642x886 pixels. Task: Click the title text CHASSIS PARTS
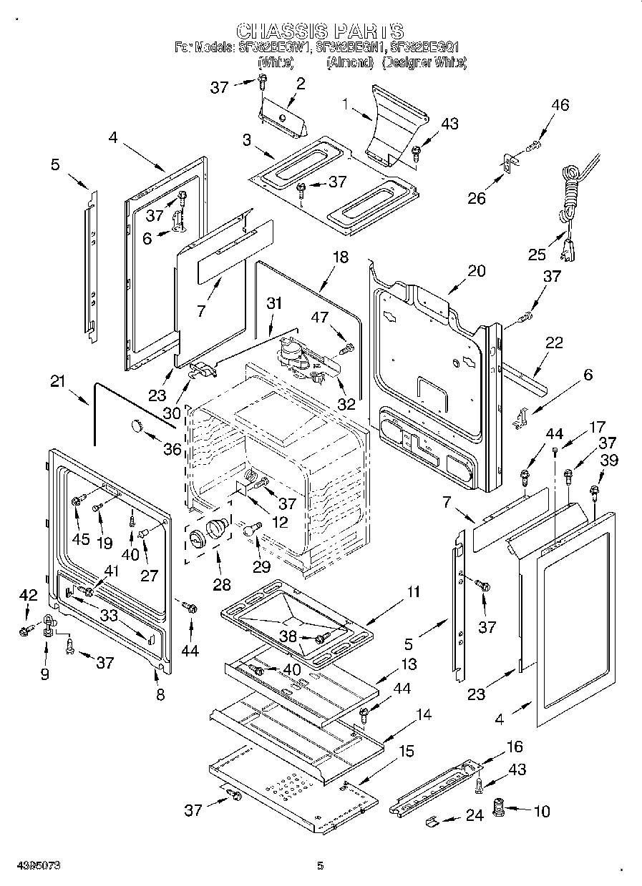320,31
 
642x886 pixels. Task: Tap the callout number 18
341,257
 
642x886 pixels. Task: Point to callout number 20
476,271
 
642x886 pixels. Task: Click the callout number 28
222,585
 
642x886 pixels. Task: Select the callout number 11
414,591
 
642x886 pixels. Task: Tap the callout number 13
408,664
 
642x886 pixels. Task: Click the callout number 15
406,752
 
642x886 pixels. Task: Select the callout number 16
514,747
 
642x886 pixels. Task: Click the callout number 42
27,594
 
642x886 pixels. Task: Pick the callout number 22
554,343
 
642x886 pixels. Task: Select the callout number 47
320,316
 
